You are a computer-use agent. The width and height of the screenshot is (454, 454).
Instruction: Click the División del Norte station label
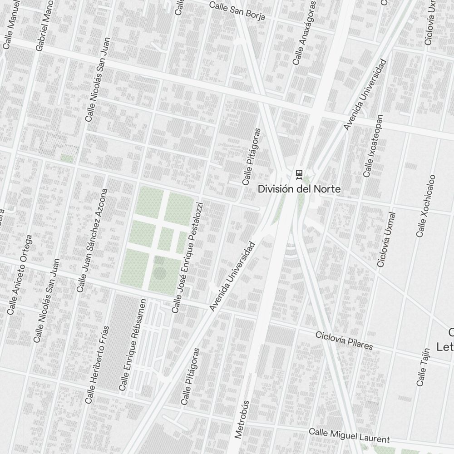(x=299, y=189)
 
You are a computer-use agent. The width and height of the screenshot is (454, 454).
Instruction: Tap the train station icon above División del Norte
(x=299, y=173)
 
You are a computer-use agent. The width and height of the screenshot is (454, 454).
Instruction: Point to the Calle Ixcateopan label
(x=373, y=146)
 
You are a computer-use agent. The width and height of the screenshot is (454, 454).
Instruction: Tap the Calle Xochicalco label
(x=426, y=206)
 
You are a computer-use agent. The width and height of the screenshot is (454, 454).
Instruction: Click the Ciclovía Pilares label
(x=344, y=340)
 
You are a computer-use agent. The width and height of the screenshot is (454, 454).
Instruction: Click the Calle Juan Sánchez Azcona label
(x=93, y=240)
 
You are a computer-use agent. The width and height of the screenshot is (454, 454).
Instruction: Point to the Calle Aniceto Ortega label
(x=20, y=275)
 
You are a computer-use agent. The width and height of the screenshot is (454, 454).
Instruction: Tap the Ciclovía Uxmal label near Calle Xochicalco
(x=387, y=239)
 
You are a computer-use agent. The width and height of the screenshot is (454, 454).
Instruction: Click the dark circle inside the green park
(x=159, y=272)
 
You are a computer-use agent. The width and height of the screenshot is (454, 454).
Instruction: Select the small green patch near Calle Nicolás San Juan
(x=67, y=158)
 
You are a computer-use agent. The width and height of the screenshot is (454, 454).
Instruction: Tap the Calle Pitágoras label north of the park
(x=252, y=156)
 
